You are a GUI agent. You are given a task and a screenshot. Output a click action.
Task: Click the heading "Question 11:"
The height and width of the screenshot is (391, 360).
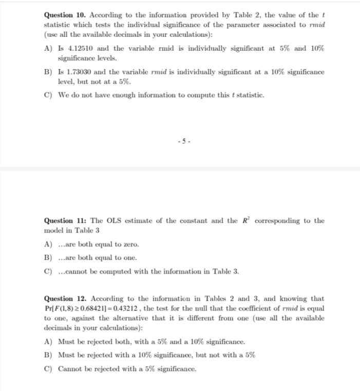click(65, 221)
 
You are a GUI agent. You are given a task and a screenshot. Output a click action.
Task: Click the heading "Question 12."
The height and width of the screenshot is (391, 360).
click(64, 298)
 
